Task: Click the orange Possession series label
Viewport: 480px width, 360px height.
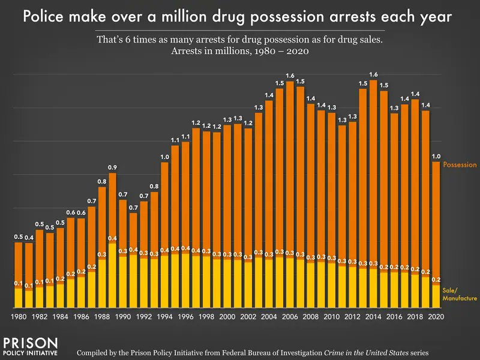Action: [x=459, y=164]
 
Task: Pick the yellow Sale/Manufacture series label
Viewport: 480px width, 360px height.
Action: [x=460, y=294]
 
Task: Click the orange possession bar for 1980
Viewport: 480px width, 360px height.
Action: [x=19, y=264]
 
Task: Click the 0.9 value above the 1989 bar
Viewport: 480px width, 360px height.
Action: [x=112, y=167]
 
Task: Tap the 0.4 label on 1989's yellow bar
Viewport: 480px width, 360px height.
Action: [x=112, y=238]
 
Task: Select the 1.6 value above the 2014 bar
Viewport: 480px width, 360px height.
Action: [x=373, y=74]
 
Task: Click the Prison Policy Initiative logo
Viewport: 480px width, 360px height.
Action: [x=30, y=346]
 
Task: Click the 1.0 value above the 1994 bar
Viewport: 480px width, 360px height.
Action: [x=164, y=157]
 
